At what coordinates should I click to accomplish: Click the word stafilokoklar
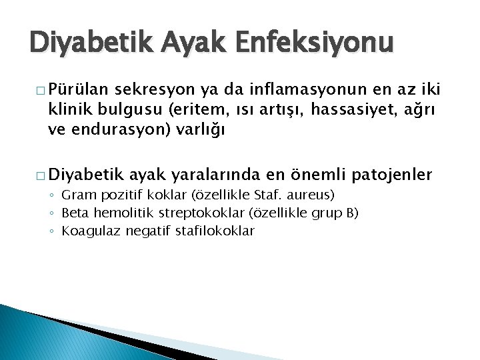214,231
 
